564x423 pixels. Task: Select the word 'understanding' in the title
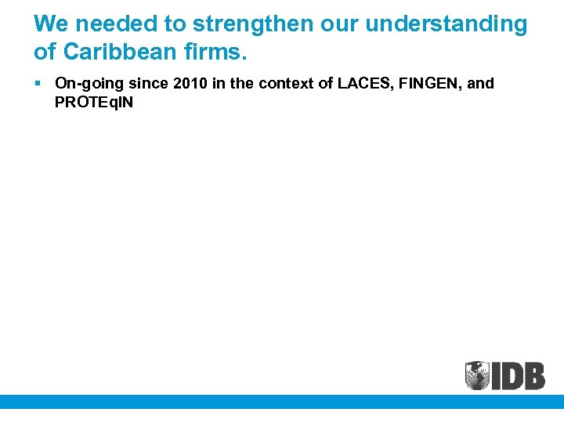[x=446, y=24]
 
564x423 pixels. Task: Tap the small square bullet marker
[x=38, y=82]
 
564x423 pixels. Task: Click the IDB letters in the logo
[x=518, y=375]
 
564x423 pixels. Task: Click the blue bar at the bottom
[x=282, y=401]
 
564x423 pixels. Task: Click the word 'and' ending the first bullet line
[x=481, y=84]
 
